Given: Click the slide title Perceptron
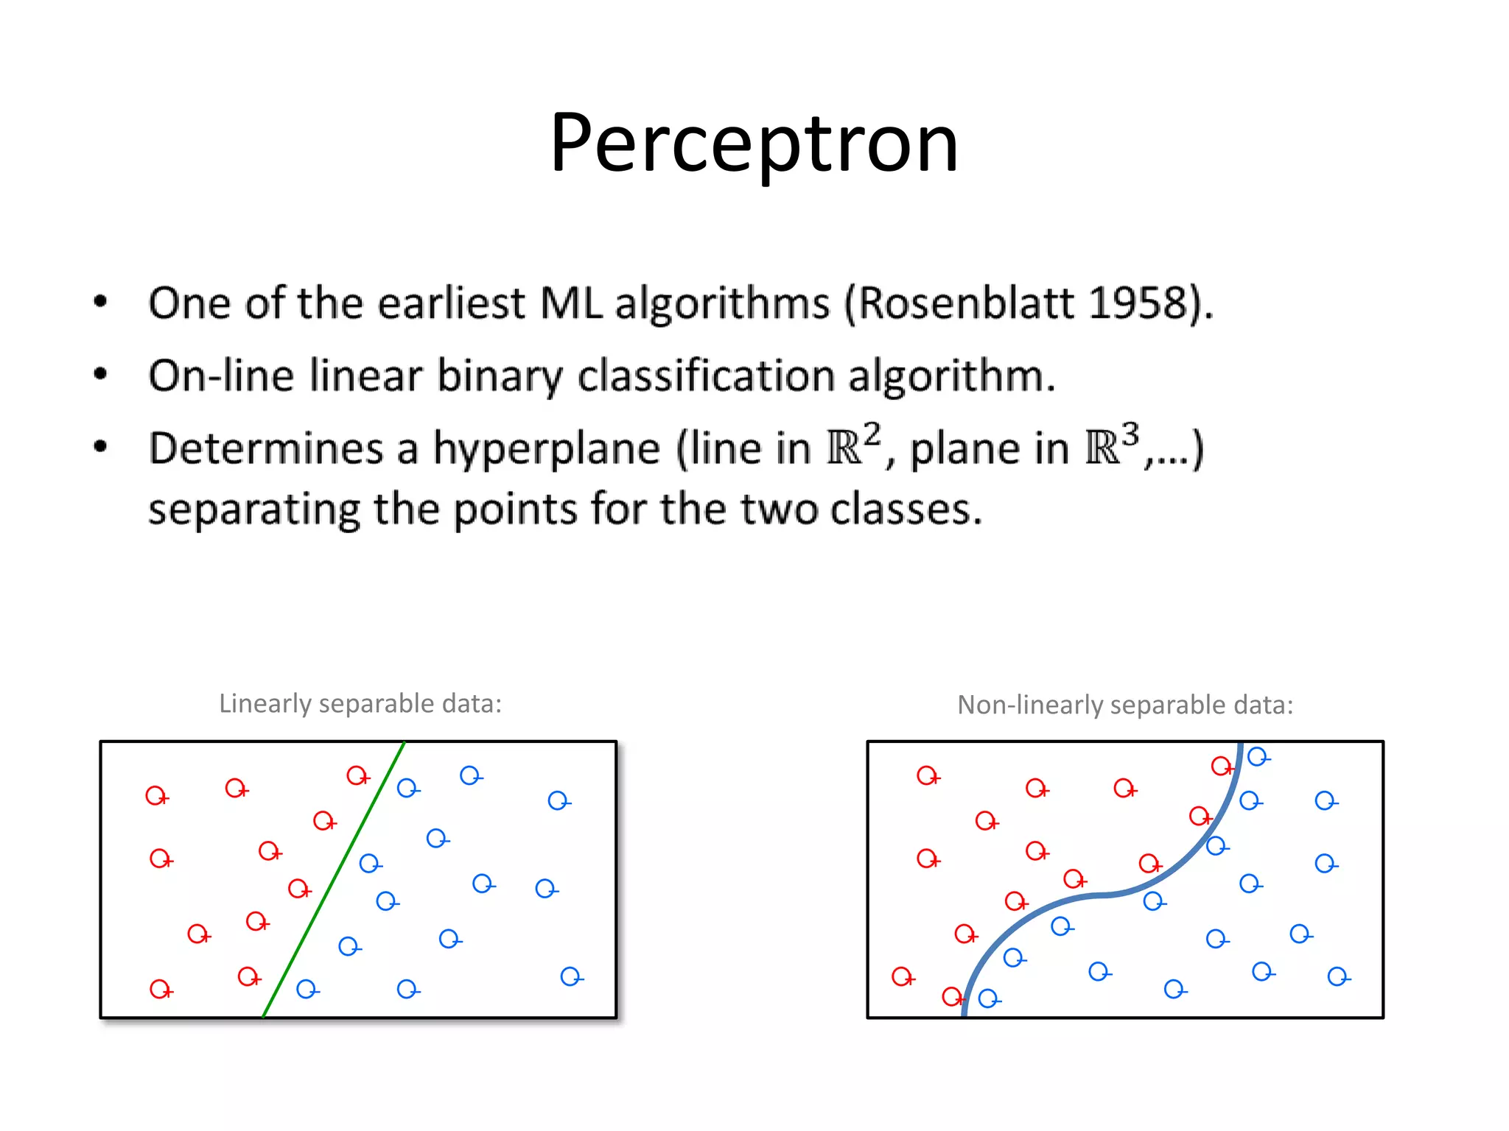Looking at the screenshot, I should tap(754, 143).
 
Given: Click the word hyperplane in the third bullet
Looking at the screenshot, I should tap(546, 449).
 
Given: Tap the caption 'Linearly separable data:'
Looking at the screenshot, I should tap(360, 704).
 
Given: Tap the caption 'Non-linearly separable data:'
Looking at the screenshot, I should tap(1124, 705).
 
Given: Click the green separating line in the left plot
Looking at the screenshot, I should tap(333, 881).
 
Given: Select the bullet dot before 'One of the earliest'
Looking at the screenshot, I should tap(101, 301).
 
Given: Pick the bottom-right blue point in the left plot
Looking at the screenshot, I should tap(570, 976).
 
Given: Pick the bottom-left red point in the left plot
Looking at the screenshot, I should tap(159, 988).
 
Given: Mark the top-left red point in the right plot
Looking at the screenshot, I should tap(926, 775).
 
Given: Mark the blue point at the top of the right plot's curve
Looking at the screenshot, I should tap(1257, 756).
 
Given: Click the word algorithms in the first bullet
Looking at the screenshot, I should tap(722, 304).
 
